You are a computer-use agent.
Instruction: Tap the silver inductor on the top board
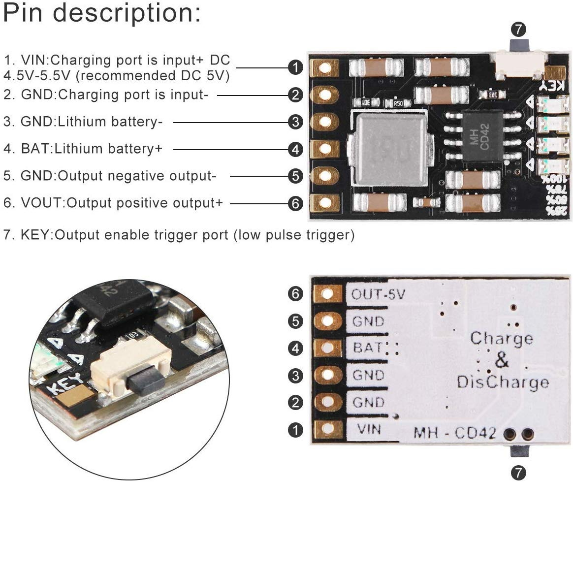[392, 149]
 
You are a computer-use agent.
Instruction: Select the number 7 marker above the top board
[518, 29]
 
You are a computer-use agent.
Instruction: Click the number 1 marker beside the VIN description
[295, 67]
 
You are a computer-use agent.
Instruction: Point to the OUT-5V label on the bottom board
[378, 294]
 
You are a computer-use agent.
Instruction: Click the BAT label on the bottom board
[368, 348]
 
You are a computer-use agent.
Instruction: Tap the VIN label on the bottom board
[369, 429]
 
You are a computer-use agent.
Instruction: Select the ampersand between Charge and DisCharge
[501, 360]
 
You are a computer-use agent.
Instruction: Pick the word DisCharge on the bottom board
[503, 382]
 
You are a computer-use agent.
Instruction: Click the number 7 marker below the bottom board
[518, 473]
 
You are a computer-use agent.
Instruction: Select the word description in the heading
[127, 13]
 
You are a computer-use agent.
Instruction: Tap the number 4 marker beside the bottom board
[295, 349]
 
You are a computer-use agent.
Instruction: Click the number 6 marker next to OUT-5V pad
[295, 294]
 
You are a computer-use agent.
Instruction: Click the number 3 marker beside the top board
[295, 122]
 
